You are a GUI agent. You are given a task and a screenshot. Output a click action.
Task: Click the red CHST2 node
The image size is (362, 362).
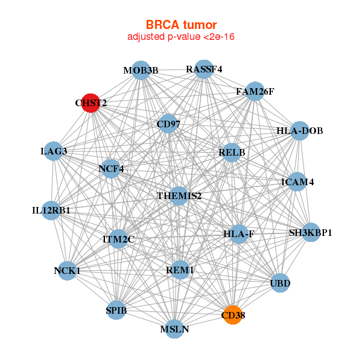pos(91,103)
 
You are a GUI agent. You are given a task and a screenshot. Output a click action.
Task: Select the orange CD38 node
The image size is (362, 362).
pos(233,315)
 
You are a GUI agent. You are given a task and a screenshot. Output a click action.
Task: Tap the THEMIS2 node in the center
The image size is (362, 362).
pos(179,196)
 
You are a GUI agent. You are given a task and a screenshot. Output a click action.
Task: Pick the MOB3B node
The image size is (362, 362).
pos(141,71)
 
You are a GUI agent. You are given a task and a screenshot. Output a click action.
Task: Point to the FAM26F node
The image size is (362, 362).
pos(255,92)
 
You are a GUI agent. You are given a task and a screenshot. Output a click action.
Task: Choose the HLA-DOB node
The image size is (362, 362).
pos(300,131)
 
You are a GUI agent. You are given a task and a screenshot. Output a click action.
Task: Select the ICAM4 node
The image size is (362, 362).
pos(297,182)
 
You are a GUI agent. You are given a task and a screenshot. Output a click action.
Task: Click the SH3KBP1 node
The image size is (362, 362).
pos(310,232)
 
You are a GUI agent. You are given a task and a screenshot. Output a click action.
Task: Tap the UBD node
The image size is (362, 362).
pos(280,282)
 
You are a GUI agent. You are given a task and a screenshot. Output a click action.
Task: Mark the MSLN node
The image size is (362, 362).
pos(174,329)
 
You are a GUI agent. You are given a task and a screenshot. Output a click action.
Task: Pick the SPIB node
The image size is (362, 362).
pos(116,311)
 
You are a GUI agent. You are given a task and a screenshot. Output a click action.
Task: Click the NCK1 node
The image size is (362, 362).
pos(68,271)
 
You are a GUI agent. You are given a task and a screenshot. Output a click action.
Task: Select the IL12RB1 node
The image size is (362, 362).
pos(51,211)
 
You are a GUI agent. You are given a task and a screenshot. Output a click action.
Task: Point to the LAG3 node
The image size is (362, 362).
pos(54,151)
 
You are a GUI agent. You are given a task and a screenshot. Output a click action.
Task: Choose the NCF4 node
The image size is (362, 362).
pos(111,169)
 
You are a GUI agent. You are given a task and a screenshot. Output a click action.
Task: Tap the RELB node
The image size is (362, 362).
pos(232,153)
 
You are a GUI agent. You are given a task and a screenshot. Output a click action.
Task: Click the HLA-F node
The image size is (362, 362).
pos(239,233)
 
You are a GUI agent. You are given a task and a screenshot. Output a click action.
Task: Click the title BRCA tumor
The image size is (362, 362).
pos(181,25)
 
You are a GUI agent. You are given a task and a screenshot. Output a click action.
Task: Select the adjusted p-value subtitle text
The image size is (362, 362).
pos(181,37)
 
